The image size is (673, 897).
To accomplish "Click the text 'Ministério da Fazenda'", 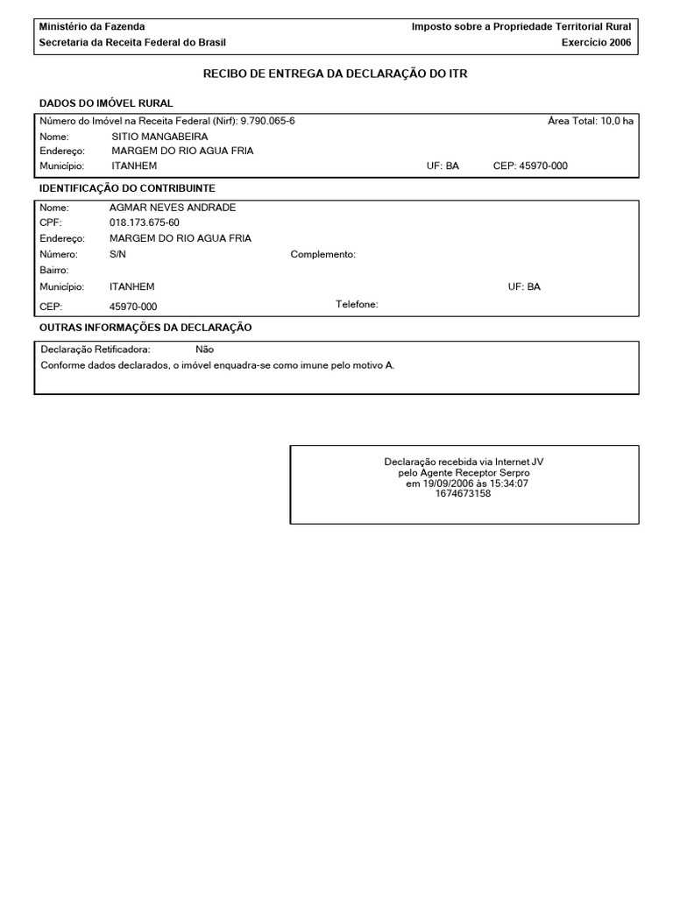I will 92,27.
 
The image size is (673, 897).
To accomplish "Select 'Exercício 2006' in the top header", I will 596,42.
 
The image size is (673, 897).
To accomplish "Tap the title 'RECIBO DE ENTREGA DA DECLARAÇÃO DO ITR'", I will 336,74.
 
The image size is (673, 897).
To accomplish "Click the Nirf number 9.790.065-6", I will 267,121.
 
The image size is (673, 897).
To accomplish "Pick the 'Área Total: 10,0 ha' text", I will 590,121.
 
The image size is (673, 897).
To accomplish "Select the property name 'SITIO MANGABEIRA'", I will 159,137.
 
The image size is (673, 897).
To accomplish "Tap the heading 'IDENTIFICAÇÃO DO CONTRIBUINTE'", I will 127,188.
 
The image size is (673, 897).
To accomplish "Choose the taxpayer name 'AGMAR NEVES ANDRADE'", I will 173,208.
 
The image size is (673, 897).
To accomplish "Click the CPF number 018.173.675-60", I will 144,223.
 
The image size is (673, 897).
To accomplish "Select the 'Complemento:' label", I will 322,255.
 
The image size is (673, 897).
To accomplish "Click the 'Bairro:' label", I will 54,271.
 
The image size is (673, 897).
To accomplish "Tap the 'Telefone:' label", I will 357,304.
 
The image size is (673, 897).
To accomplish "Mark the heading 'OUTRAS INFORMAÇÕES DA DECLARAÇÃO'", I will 145,328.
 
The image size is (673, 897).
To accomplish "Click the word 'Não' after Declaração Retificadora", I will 204,350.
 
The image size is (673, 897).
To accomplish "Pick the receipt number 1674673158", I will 463,494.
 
